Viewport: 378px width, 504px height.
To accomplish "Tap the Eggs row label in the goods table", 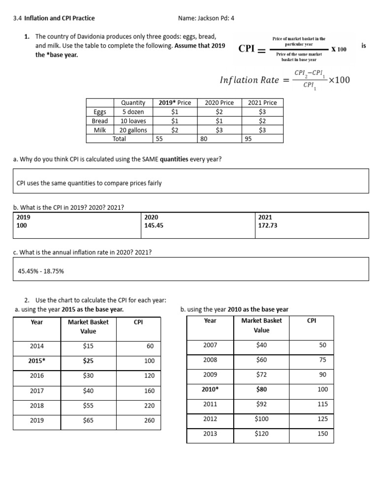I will [100, 112].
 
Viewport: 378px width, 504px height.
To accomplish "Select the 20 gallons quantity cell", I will [133, 130].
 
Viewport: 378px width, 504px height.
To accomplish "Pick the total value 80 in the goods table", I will [204, 139].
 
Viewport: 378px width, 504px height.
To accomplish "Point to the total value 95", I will [249, 139].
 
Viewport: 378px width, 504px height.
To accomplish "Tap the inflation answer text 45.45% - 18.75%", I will [41, 271].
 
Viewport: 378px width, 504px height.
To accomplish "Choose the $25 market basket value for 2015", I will [88, 361].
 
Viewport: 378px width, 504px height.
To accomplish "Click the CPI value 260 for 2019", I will [149, 420].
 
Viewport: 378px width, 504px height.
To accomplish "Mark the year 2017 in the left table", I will [37, 391].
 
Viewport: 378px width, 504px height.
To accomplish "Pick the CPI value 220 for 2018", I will [149, 406].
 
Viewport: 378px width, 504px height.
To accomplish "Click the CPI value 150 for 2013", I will [322, 434].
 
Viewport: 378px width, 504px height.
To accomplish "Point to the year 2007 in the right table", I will [210, 345].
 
